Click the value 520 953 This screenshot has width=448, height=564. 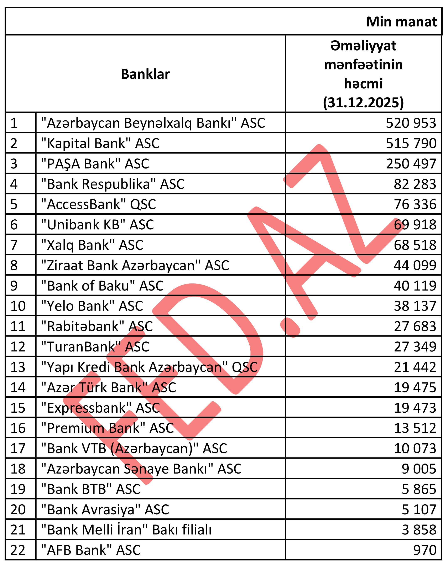click(x=411, y=123)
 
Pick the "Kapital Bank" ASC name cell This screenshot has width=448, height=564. click(x=100, y=143)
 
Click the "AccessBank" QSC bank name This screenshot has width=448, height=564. click(x=98, y=204)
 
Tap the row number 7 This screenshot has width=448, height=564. click(x=14, y=245)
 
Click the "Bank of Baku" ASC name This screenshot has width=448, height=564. click(x=102, y=286)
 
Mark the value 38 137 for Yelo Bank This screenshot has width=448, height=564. click(x=415, y=306)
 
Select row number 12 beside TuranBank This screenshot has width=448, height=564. click(x=18, y=347)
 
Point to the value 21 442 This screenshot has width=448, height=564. click(x=415, y=367)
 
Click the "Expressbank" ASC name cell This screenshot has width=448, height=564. click(x=100, y=408)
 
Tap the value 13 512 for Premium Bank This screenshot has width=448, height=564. click(x=415, y=428)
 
